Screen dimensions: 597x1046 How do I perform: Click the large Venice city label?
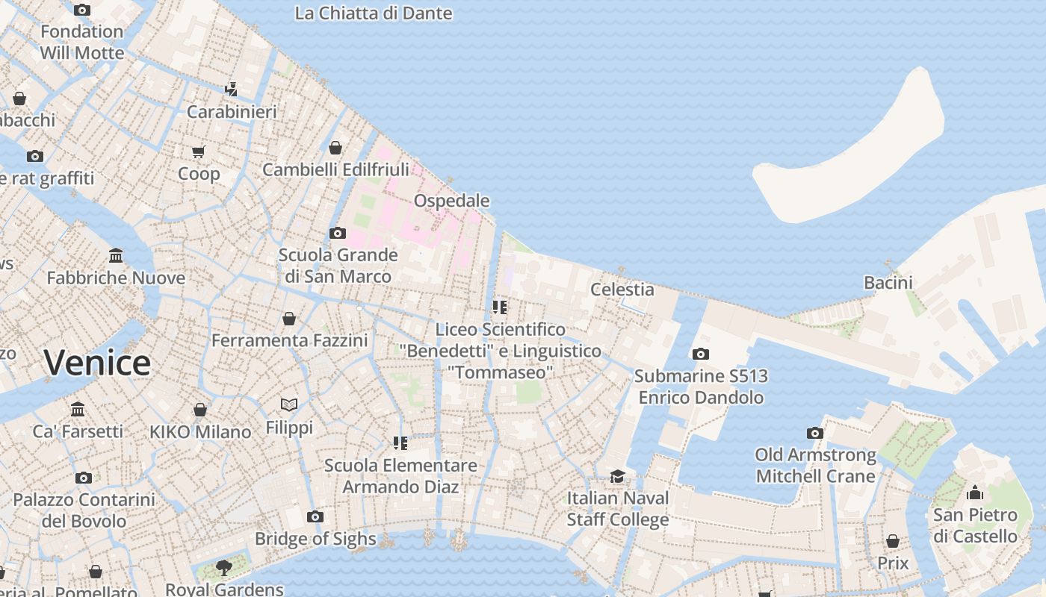(97, 363)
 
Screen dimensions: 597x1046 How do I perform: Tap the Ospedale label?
(451, 201)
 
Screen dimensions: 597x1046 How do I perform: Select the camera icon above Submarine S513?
(700, 354)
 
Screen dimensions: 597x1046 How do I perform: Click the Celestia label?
(622, 290)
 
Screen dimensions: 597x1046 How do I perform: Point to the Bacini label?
(888, 283)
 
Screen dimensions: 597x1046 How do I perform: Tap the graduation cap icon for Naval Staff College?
(617, 476)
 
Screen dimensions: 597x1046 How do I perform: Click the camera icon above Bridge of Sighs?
(315, 516)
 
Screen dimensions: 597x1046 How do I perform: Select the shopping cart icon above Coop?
(198, 152)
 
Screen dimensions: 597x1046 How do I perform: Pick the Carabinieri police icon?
(231, 90)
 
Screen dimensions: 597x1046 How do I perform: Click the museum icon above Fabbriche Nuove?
(116, 256)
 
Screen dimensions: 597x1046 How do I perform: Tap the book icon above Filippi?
(289, 404)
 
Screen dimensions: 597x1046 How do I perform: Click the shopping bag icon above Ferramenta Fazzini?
(289, 319)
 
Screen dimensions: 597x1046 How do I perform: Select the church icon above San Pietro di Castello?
(974, 493)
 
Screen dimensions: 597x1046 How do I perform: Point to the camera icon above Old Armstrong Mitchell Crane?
(814, 433)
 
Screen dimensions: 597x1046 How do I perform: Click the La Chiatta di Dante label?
(373, 13)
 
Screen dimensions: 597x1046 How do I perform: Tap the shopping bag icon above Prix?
(892, 540)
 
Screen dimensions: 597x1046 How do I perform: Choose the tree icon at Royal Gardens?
(223, 567)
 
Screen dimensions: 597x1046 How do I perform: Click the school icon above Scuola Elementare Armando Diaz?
(400, 443)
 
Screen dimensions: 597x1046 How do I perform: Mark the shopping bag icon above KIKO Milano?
(199, 410)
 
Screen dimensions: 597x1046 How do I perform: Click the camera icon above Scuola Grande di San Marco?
(337, 233)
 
